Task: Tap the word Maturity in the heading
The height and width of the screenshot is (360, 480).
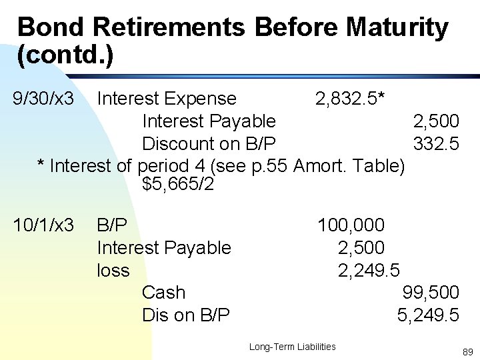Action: tap(397, 27)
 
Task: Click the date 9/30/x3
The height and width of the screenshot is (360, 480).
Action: tap(43, 99)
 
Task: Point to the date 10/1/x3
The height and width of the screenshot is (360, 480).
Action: tap(44, 225)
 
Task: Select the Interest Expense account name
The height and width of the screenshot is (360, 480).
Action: tap(167, 99)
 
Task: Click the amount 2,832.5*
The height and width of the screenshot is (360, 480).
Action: tap(349, 99)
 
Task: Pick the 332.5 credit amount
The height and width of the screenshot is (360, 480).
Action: tap(435, 143)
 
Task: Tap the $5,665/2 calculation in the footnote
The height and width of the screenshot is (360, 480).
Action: tap(178, 183)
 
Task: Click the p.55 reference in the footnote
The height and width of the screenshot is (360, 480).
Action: tap(270, 165)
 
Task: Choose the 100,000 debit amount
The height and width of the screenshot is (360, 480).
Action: tap(351, 225)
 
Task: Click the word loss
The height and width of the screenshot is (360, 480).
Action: tap(113, 270)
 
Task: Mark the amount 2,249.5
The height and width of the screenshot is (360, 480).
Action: tap(369, 270)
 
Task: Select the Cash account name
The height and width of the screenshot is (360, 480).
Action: tap(163, 293)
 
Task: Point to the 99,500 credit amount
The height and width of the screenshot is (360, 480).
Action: tap(431, 293)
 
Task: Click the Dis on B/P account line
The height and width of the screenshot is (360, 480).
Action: tap(186, 315)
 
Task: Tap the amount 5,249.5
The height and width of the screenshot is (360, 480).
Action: tap(428, 315)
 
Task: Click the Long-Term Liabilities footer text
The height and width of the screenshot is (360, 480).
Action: tap(292, 347)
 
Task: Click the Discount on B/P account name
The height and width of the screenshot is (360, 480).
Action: tap(209, 143)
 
